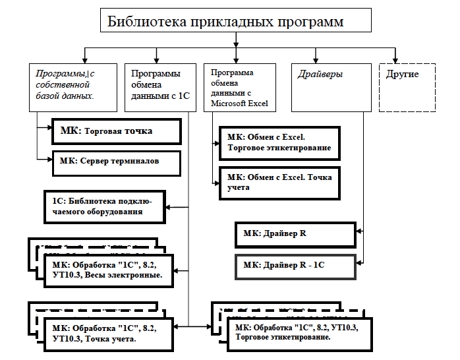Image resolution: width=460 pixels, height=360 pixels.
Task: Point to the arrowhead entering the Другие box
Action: point(396,59)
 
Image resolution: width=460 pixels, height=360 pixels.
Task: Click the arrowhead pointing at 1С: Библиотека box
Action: point(169,206)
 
